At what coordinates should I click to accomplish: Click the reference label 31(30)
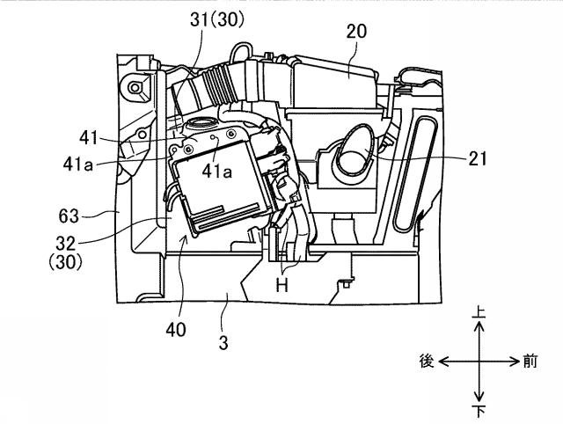[x=217, y=19]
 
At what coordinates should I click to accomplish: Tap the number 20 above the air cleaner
[x=356, y=32]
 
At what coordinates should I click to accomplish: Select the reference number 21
[x=478, y=158]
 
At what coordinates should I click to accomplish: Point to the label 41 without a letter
[x=89, y=137]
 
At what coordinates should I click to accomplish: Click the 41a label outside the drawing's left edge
[x=78, y=164]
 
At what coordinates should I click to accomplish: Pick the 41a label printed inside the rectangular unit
[x=217, y=172]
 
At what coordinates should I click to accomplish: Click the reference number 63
[x=69, y=216]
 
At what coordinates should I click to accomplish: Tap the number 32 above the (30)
[x=66, y=244]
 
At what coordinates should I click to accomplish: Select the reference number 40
[x=176, y=330]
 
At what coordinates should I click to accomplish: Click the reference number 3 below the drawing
[x=223, y=343]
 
